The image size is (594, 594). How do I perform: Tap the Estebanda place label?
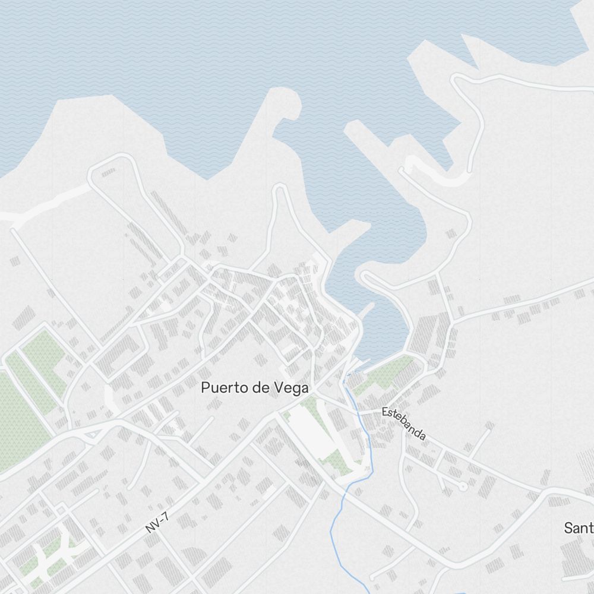point(404,423)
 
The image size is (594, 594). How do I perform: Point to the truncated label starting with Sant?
point(579,527)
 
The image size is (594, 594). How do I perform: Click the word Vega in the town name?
point(291,388)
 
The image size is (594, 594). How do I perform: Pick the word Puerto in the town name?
point(221,388)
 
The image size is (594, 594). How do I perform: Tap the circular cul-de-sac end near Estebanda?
point(463,486)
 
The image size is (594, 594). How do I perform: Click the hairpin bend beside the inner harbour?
point(364,278)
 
